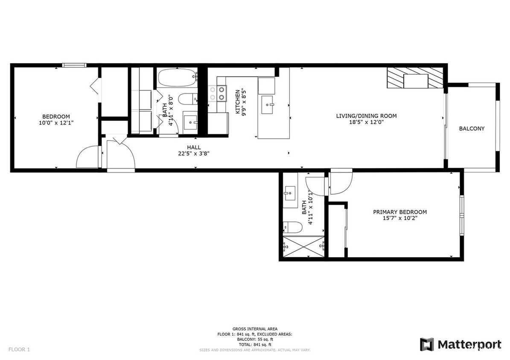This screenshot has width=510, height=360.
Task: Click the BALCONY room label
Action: (472, 128)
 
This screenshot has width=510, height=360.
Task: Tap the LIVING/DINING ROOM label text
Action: (366, 116)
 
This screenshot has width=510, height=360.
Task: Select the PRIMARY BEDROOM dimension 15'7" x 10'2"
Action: (400, 218)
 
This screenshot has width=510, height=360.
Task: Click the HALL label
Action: (194, 147)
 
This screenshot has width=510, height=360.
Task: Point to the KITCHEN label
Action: (238, 101)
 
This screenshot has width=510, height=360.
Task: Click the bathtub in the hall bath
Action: (177, 78)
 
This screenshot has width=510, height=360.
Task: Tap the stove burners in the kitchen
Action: (217, 93)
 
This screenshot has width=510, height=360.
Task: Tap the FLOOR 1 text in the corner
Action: (19, 350)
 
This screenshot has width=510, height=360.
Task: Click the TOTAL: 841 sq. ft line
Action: (255, 344)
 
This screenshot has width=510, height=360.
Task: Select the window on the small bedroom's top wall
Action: (74, 65)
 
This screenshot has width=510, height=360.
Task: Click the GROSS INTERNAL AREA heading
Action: (255, 329)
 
